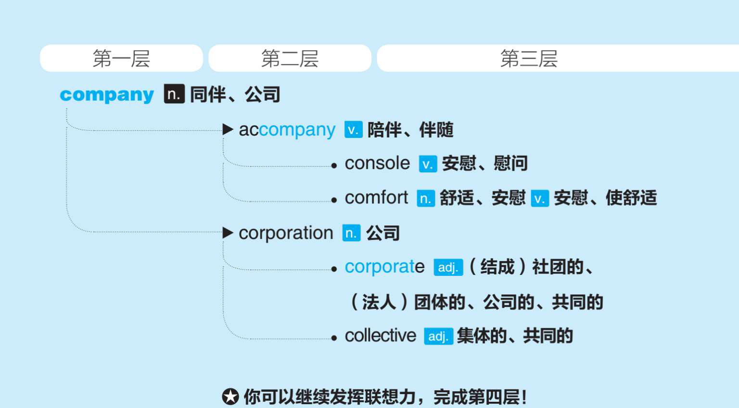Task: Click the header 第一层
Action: [121, 59]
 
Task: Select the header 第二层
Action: [290, 59]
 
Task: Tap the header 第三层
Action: [528, 59]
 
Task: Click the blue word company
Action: [107, 95]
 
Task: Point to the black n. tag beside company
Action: [174, 94]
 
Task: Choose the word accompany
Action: [287, 130]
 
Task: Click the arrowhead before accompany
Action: [228, 129]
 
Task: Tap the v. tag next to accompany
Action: [353, 130]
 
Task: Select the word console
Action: [377, 163]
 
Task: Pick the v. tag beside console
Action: [428, 164]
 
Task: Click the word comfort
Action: [376, 198]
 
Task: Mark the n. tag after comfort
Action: [425, 198]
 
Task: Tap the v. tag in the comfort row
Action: [540, 198]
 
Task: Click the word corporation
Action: [286, 233]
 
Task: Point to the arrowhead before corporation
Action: [228, 233]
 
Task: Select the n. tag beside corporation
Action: [351, 234]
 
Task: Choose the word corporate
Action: [384, 267]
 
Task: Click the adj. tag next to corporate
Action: [448, 267]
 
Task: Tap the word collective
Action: [380, 335]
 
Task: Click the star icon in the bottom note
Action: [230, 397]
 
